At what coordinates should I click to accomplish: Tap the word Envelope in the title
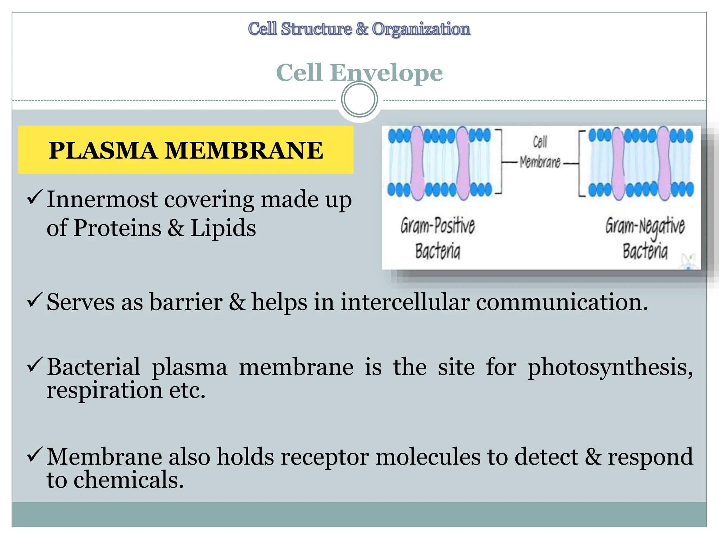pos(386,73)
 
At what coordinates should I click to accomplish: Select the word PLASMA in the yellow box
pos(103,151)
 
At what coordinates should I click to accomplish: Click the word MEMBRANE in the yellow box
pos(244,151)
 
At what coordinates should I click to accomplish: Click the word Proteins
pos(118,228)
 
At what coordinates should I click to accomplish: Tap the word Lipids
pos(223,228)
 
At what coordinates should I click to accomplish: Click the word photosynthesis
pos(610,368)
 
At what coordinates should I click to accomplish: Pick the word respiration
pos(105,390)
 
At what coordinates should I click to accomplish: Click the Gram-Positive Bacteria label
pos(437,238)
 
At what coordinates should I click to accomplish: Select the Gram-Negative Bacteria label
pos(645,238)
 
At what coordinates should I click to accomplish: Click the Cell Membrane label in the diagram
pos(540,152)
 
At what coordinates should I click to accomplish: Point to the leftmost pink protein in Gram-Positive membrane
pos(417,163)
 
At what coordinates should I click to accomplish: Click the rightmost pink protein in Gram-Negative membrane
pos(664,163)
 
